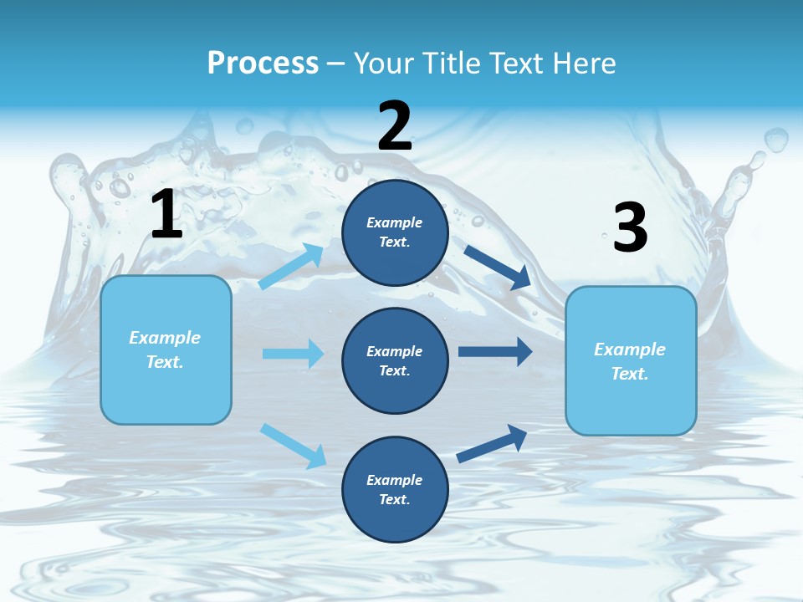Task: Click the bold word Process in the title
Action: tap(263, 63)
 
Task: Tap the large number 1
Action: tap(166, 215)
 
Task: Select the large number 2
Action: tap(395, 126)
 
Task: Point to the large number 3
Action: tap(631, 228)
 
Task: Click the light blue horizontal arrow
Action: tap(293, 354)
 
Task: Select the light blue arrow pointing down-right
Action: tap(293, 446)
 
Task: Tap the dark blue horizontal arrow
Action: tap(495, 352)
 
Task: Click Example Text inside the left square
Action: tap(165, 349)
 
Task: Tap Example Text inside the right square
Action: tap(630, 361)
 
